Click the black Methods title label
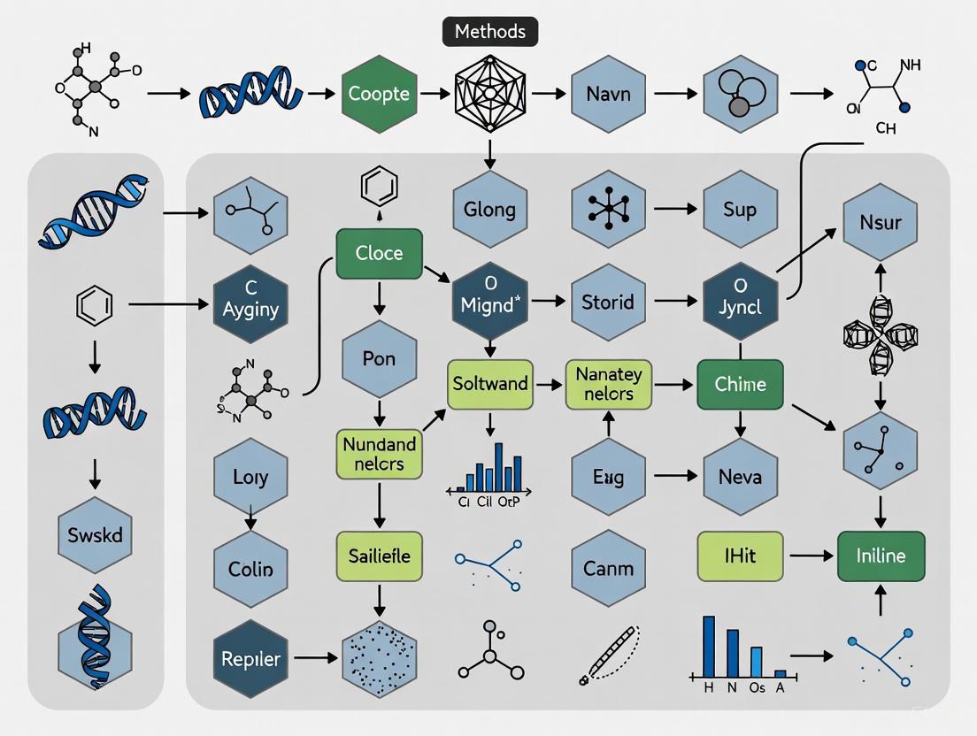click(489, 32)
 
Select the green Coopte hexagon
click(379, 94)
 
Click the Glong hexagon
click(489, 210)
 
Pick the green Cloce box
click(379, 253)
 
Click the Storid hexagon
click(607, 302)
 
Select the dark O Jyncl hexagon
click(740, 302)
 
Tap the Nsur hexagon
click(880, 221)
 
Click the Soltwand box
click(490, 384)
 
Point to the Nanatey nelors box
click(608, 384)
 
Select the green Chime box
click(740, 384)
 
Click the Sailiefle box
click(379, 556)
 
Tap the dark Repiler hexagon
click(250, 659)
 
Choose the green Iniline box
click(881, 556)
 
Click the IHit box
click(740, 556)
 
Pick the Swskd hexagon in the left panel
click(95, 535)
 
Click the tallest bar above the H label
click(709, 646)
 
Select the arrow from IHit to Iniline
click(810, 556)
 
